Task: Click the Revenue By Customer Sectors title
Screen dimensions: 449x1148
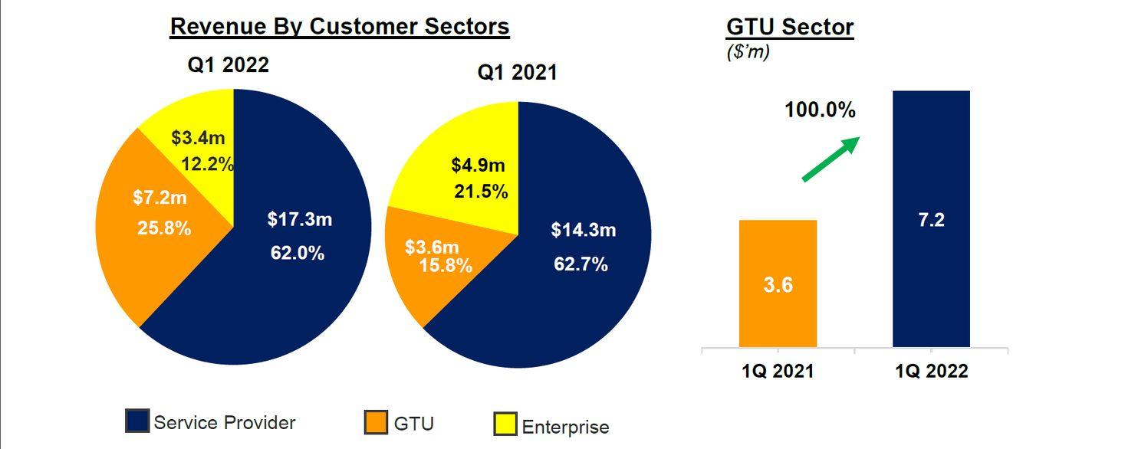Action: pyautogui.click(x=339, y=27)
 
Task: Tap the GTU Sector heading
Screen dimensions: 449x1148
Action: pyautogui.click(x=790, y=28)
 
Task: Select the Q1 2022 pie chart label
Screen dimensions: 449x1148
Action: pyautogui.click(x=229, y=65)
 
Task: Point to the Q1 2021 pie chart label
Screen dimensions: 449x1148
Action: pyautogui.click(x=517, y=73)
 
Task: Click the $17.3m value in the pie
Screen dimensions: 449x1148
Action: pyautogui.click(x=299, y=220)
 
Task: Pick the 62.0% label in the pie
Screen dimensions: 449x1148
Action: pyautogui.click(x=298, y=253)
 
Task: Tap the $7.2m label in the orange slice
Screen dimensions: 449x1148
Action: pyautogui.click(x=160, y=198)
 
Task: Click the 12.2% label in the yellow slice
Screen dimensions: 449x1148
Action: pyautogui.click(x=207, y=164)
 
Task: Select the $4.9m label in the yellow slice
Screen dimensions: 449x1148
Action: pyautogui.click(x=479, y=165)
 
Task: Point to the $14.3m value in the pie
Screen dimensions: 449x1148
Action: pyautogui.click(x=583, y=230)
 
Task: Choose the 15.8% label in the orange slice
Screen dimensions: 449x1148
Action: pyautogui.click(x=446, y=267)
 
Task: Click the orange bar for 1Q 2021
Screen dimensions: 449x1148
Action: pyautogui.click(x=778, y=283)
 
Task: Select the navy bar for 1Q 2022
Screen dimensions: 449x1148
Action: pyautogui.click(x=931, y=218)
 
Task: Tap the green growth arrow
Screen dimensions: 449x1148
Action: pyautogui.click(x=831, y=159)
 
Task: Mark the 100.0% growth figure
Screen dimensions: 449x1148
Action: pyautogui.click(x=819, y=110)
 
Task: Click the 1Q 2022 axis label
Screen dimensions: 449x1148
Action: pyautogui.click(x=931, y=372)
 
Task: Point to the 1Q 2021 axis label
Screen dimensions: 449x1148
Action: pyautogui.click(x=778, y=372)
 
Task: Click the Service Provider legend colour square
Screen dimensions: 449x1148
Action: pyautogui.click(x=137, y=421)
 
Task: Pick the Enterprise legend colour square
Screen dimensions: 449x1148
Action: pyautogui.click(x=505, y=424)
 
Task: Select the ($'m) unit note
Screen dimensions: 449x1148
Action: pyautogui.click(x=748, y=53)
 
